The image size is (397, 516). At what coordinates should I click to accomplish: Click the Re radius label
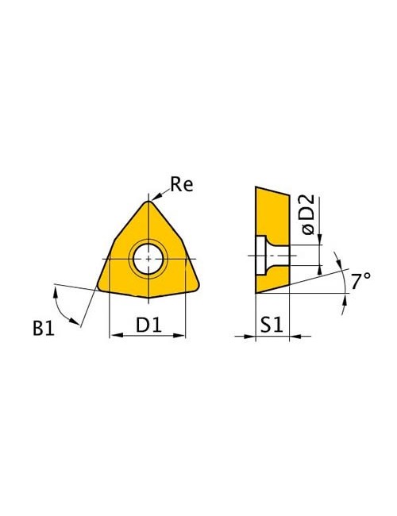[181, 184]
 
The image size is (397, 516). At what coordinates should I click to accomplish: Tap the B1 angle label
[44, 328]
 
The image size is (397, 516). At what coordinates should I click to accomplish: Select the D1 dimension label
[148, 325]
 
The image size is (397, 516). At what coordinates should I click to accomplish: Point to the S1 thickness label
[272, 325]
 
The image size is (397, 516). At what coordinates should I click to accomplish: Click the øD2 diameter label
[308, 214]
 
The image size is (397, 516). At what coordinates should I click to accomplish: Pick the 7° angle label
[360, 282]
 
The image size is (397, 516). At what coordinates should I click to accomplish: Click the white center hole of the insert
[148, 259]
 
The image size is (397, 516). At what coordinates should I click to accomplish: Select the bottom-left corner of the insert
[99, 287]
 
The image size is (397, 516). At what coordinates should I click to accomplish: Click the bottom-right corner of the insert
[197, 287]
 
